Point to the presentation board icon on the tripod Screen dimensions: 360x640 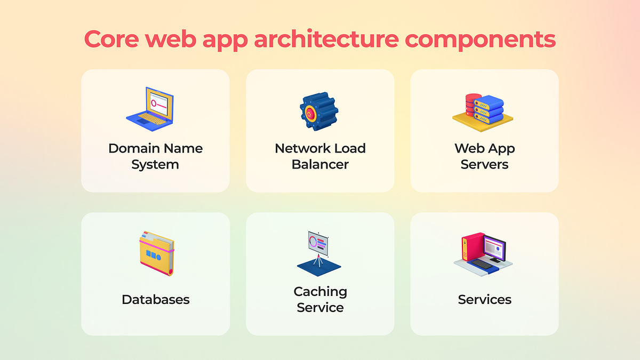click(x=318, y=251)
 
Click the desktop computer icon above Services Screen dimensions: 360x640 click(x=484, y=252)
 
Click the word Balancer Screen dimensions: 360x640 click(x=320, y=164)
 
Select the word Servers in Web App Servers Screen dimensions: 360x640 click(x=484, y=164)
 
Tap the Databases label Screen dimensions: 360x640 click(x=156, y=300)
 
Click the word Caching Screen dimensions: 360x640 click(x=320, y=292)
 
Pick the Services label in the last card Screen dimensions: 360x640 click(x=484, y=300)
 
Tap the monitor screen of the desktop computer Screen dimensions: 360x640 click(x=495, y=248)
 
